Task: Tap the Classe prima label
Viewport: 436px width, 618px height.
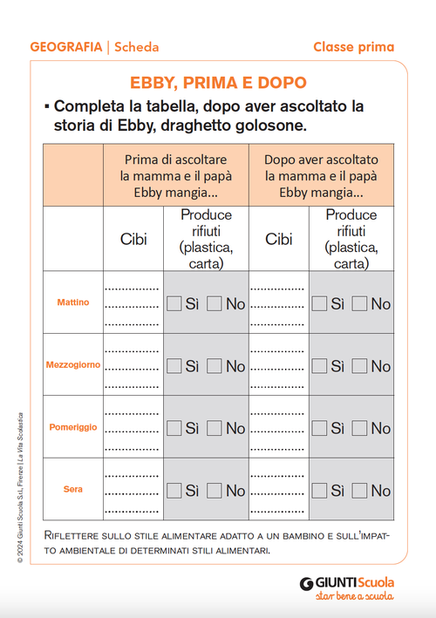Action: (353, 47)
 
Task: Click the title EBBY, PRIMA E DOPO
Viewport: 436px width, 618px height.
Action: (218, 84)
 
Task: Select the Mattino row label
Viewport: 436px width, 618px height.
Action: (73, 302)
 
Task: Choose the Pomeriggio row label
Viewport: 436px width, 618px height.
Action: (72, 427)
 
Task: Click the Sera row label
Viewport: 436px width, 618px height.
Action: (73, 489)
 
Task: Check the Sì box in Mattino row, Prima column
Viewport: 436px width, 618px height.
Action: (174, 303)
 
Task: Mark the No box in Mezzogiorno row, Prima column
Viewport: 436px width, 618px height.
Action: (215, 366)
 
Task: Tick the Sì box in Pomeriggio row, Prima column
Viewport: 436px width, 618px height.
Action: (174, 428)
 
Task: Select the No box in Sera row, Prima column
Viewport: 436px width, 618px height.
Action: (215, 490)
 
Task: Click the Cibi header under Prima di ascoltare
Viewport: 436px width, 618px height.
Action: (133, 239)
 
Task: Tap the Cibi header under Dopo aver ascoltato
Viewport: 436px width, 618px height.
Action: (279, 239)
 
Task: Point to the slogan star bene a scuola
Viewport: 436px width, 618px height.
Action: (354, 598)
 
